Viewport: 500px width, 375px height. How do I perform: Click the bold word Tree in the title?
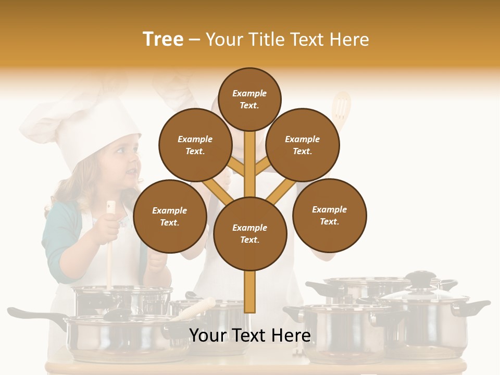pyautogui.click(x=163, y=40)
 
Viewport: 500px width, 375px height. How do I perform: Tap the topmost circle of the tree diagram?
pyautogui.click(x=249, y=99)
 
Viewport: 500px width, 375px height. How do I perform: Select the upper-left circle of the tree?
pyautogui.click(x=195, y=145)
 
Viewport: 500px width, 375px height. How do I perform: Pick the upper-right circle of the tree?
pyautogui.click(x=303, y=145)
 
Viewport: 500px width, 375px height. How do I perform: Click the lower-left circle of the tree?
pyautogui.click(x=169, y=216)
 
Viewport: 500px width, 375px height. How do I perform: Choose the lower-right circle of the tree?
pyautogui.click(x=330, y=215)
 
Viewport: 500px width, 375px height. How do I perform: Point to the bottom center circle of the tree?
pyautogui.click(x=250, y=234)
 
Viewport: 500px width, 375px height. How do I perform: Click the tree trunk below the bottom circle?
pyautogui.click(x=250, y=292)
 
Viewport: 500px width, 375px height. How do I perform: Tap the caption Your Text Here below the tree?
pyautogui.click(x=250, y=335)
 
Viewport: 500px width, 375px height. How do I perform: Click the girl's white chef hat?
pyautogui.click(x=78, y=125)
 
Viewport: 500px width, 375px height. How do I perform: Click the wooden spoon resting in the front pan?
pyautogui.click(x=195, y=308)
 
